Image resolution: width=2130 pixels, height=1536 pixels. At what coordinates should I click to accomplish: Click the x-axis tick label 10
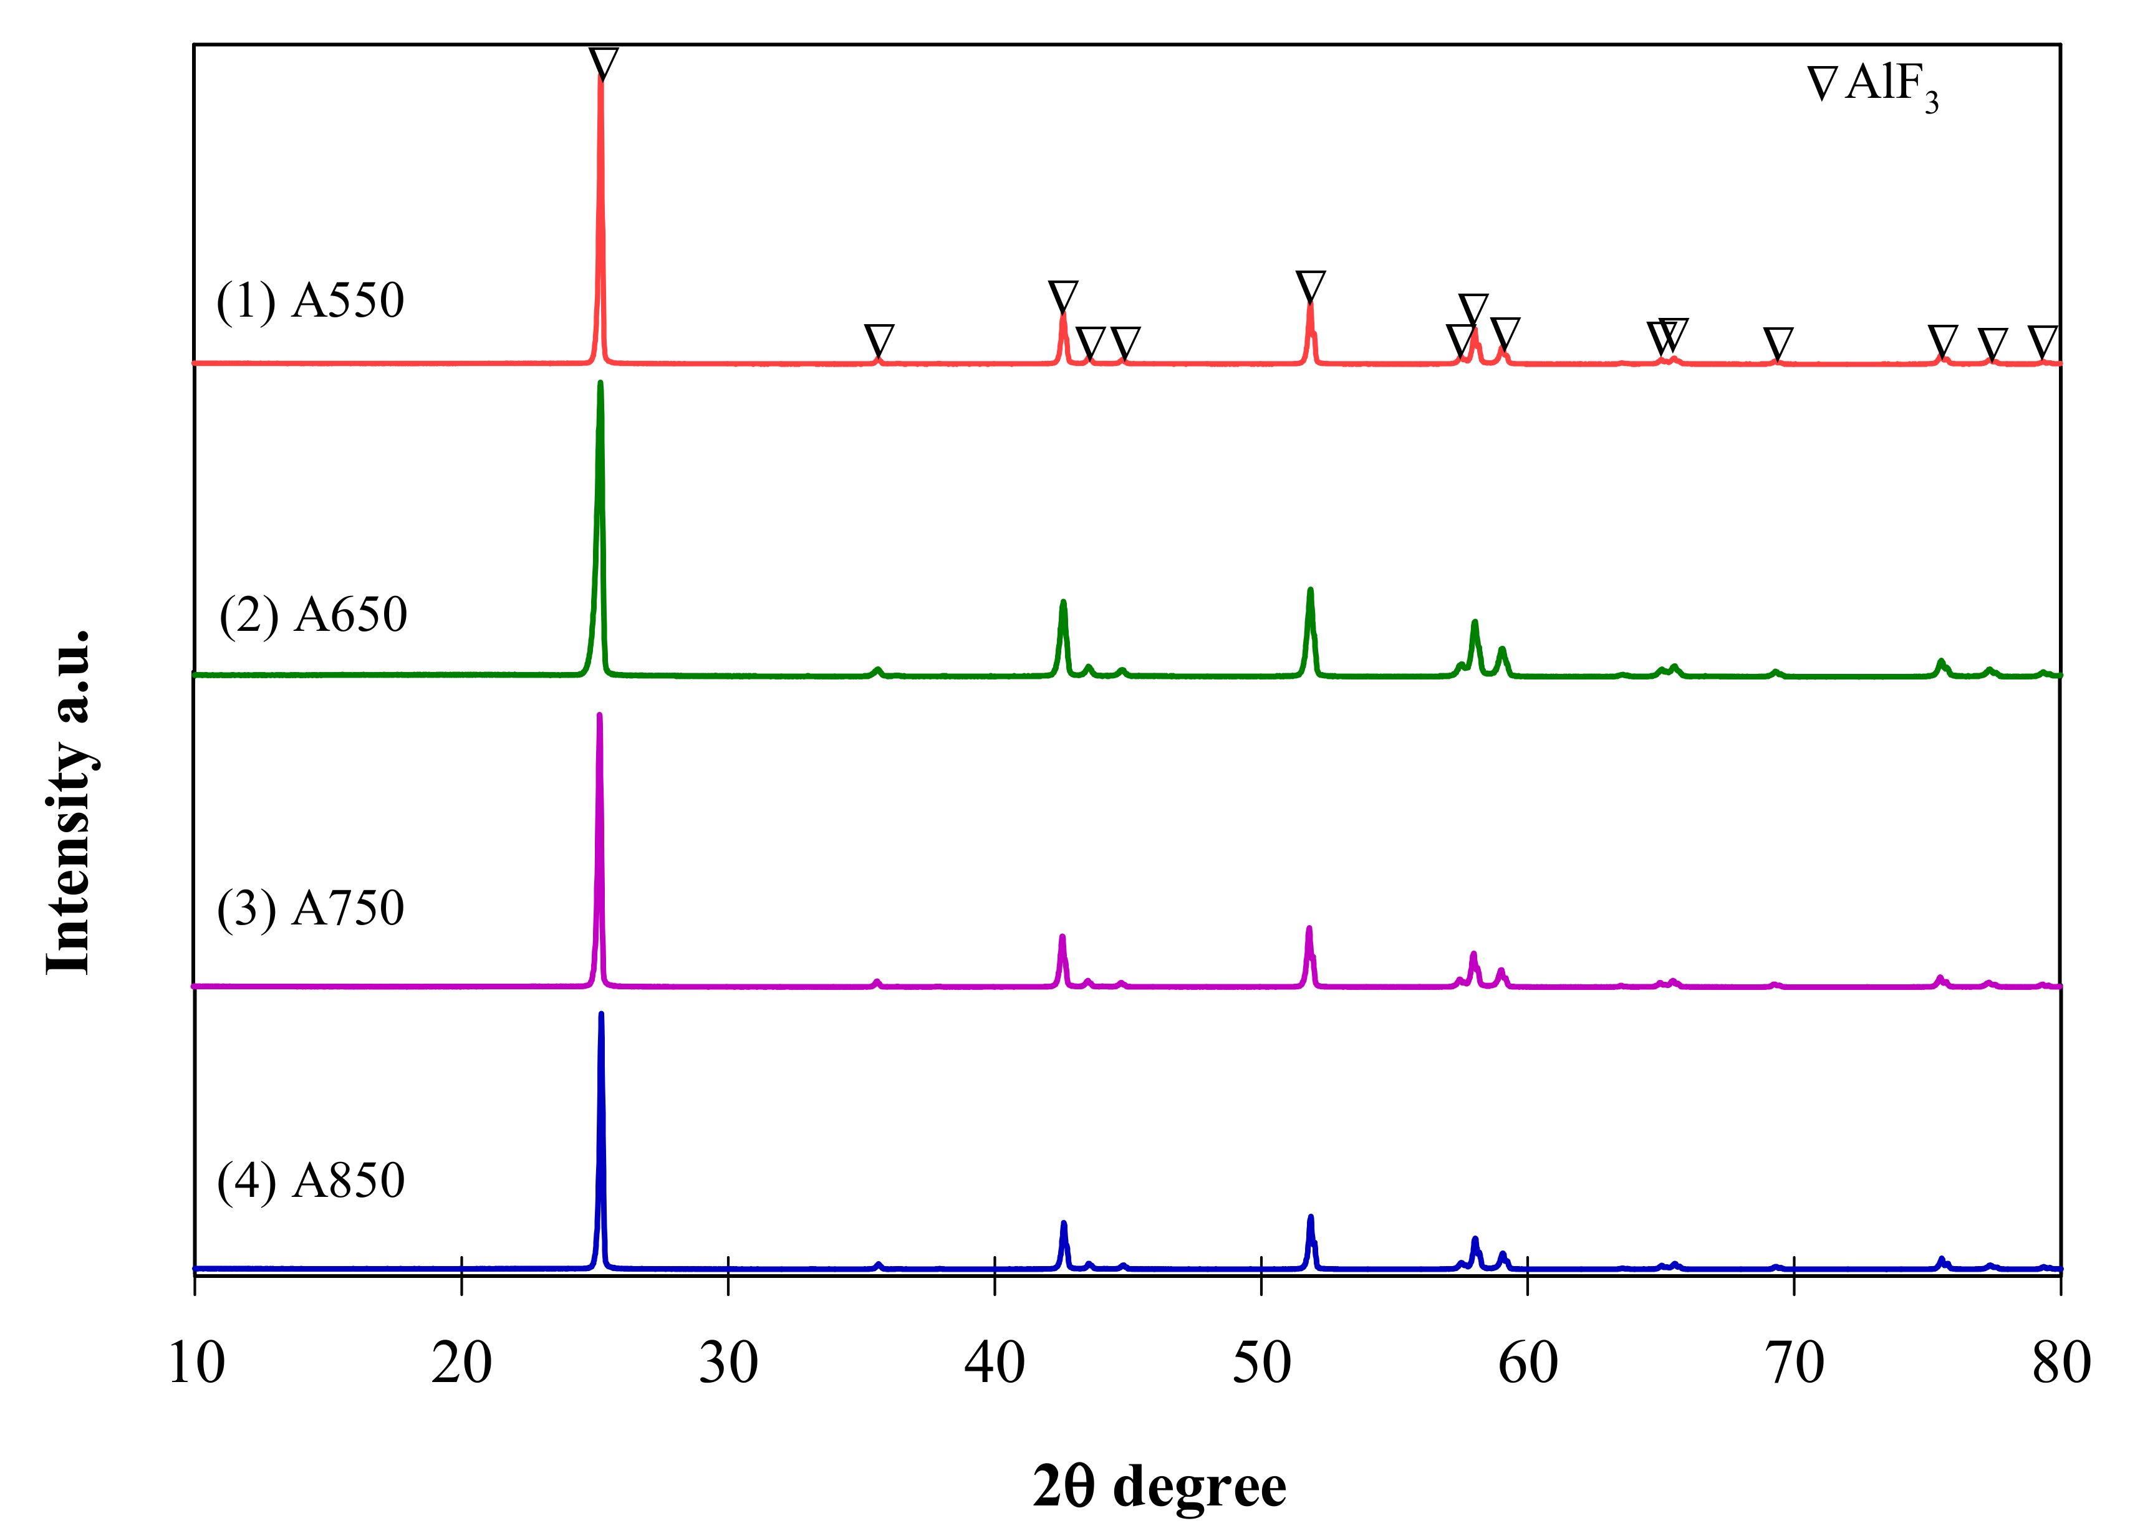pyautogui.click(x=196, y=1363)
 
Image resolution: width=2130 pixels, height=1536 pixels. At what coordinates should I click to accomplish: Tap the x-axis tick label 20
pyautogui.click(x=461, y=1363)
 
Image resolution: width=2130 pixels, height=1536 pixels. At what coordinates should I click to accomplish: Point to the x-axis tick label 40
pyautogui.click(x=995, y=1363)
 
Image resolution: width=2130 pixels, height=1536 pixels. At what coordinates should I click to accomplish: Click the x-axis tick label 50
pyautogui.click(x=1261, y=1363)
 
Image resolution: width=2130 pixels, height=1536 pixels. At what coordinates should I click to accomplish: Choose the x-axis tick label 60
pyautogui.click(x=1528, y=1363)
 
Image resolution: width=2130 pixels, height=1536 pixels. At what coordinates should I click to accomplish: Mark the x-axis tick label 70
pyautogui.click(x=1795, y=1363)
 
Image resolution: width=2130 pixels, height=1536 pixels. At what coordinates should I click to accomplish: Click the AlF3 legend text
pyautogui.click(x=1891, y=87)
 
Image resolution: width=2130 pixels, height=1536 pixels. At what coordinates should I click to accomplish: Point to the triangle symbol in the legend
pyautogui.click(x=1822, y=84)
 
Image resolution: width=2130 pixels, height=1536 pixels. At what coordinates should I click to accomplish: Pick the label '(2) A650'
pyautogui.click(x=313, y=615)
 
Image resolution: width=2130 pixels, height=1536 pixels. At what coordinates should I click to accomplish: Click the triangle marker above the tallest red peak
pyautogui.click(x=604, y=64)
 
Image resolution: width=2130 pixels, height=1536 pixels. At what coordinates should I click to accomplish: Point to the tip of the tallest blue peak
pyautogui.click(x=601, y=1014)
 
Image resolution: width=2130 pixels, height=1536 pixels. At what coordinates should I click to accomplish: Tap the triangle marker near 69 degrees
pyautogui.click(x=1778, y=343)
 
